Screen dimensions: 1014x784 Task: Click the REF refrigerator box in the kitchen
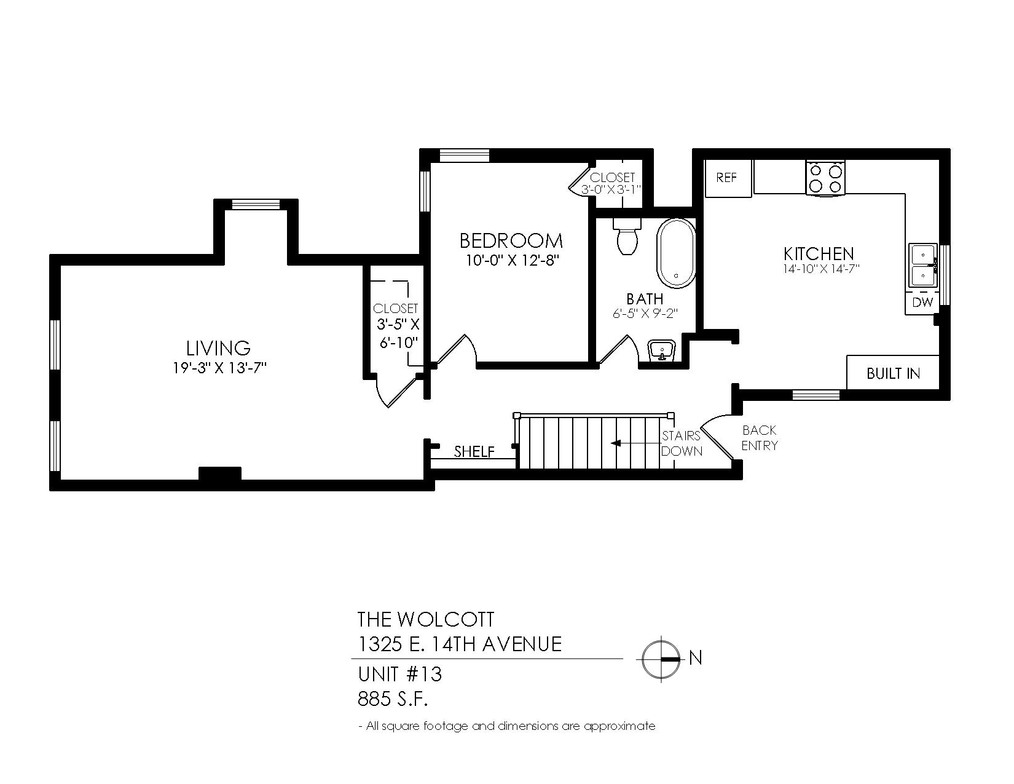(x=728, y=178)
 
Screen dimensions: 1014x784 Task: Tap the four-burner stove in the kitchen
(x=825, y=178)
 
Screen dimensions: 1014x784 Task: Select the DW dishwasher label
(x=922, y=303)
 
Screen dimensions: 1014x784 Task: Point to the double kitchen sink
(x=922, y=265)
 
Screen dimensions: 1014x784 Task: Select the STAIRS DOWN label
(x=682, y=443)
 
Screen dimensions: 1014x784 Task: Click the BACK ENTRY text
(x=760, y=438)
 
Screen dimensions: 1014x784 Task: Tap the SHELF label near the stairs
(x=474, y=451)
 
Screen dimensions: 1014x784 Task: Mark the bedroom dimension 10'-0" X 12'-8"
(x=513, y=261)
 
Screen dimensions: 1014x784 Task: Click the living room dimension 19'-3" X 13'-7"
(x=219, y=368)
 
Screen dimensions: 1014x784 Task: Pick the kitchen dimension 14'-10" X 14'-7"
(x=821, y=269)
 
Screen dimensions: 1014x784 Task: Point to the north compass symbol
(x=661, y=659)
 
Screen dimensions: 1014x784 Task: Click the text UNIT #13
(x=399, y=675)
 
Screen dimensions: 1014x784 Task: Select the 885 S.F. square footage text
(x=393, y=699)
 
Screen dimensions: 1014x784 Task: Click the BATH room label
(x=645, y=298)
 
